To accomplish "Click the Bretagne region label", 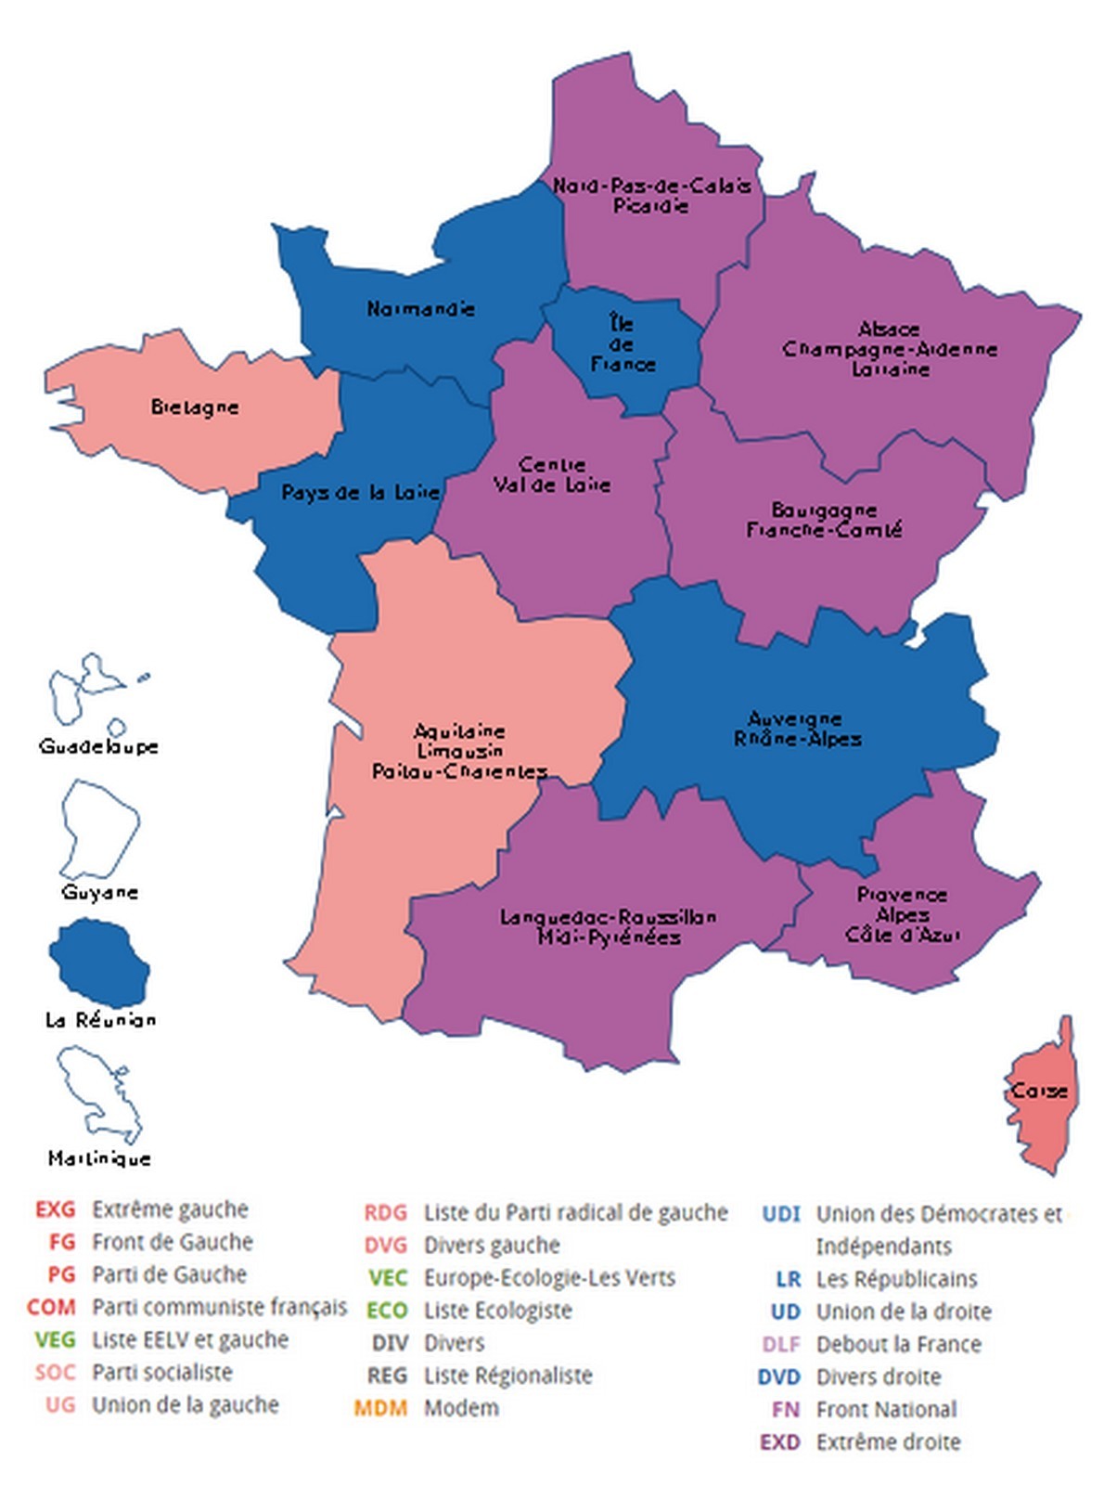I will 195,407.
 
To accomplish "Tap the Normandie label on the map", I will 420,308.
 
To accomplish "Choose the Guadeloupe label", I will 98,746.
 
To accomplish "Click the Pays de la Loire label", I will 360,492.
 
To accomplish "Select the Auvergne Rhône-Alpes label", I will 797,729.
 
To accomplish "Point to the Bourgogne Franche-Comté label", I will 824,520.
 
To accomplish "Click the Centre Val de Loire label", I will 552,474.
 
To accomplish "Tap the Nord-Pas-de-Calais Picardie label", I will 651,195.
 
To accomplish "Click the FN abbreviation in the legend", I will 785,1409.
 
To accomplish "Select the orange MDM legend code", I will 380,1408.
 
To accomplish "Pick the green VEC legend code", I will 388,1277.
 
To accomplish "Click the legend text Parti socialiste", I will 161,1372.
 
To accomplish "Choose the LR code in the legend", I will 788,1279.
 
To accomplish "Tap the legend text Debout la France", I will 898,1344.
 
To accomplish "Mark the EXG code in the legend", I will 55,1209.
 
